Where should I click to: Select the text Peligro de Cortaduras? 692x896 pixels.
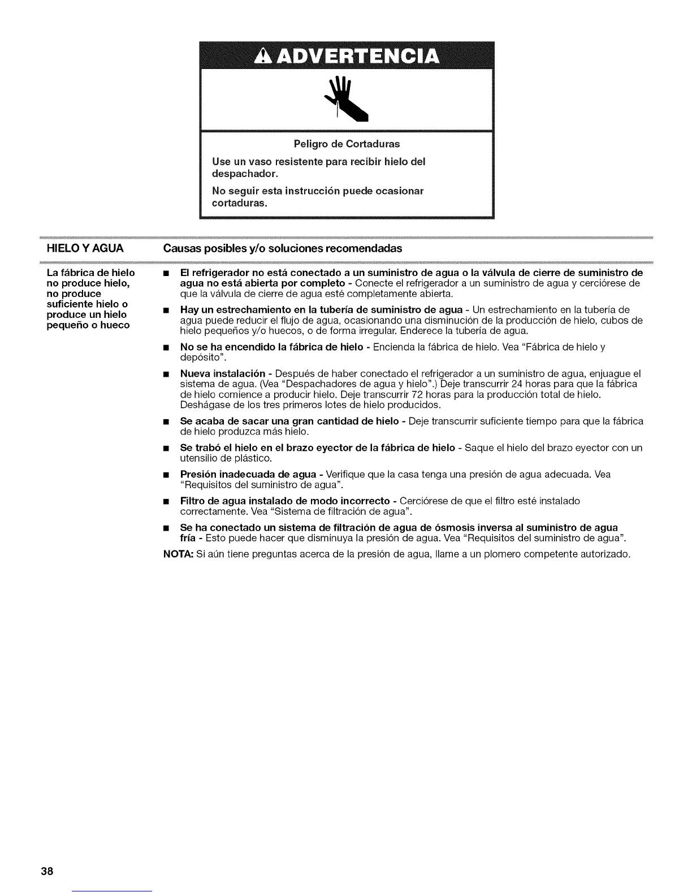tap(347, 144)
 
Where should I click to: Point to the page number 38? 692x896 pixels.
tap(46, 871)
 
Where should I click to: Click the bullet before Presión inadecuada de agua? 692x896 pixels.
tap(167, 475)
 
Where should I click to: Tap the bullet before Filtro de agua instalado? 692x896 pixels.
tap(167, 501)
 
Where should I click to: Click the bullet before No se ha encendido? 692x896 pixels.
tap(167, 347)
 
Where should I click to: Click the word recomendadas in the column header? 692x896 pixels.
tap(367, 248)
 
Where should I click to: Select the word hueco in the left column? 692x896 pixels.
tap(115, 325)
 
